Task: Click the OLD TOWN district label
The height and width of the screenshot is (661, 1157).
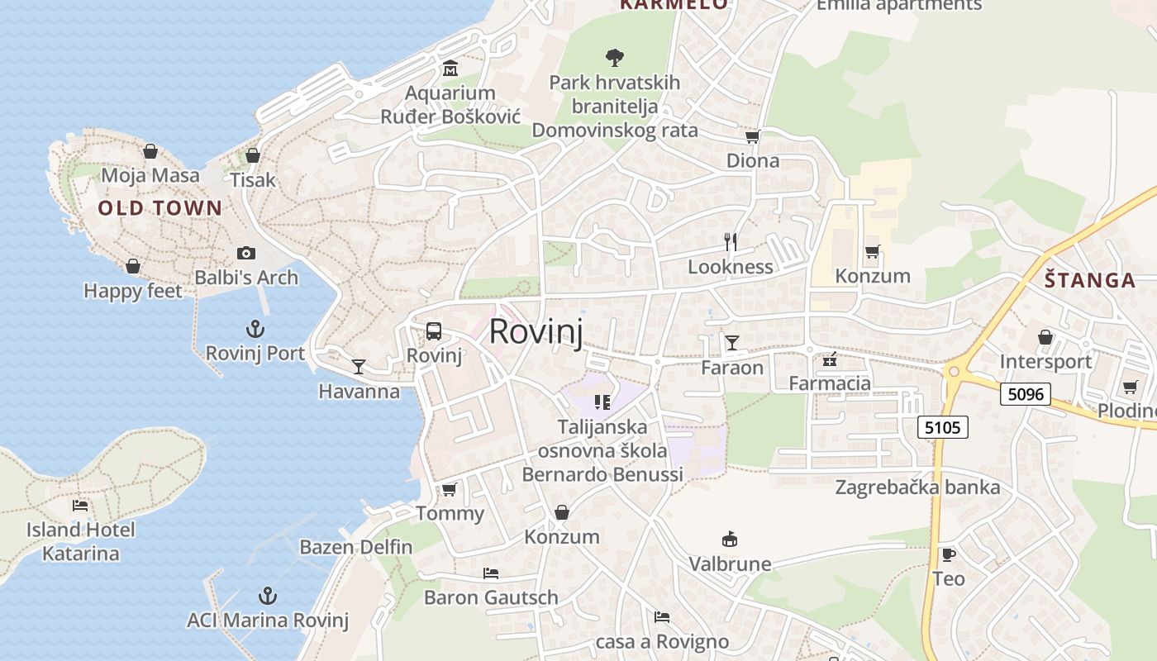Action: point(160,208)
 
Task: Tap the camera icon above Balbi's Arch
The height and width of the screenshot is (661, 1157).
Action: point(245,254)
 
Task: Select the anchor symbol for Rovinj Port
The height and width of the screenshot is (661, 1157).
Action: point(255,329)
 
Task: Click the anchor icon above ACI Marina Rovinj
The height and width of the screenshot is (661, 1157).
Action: point(267,596)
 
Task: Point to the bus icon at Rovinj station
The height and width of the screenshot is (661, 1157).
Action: point(433,331)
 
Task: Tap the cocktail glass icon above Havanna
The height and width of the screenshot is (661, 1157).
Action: point(359,366)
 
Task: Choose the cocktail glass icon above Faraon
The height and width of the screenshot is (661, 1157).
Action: point(731,342)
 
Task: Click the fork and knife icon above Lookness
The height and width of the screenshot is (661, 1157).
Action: point(731,241)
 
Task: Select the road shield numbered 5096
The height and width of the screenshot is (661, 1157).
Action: point(1025,394)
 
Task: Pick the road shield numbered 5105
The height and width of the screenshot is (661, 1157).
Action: point(942,427)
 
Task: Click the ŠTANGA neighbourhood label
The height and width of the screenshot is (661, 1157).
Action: point(1089,280)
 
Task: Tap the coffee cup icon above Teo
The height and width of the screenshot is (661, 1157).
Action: point(948,554)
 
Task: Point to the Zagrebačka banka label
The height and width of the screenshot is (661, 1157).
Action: point(917,487)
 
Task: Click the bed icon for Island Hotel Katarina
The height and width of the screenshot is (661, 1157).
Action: point(80,505)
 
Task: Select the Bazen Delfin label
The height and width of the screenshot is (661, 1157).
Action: point(355,546)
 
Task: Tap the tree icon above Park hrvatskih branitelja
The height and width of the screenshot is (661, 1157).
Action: point(614,58)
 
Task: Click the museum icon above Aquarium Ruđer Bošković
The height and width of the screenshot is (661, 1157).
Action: point(450,68)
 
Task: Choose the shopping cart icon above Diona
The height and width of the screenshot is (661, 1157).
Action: point(752,136)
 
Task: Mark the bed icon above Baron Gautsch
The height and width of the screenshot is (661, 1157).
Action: point(491,573)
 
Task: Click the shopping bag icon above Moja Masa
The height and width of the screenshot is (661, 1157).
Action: point(150,151)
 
